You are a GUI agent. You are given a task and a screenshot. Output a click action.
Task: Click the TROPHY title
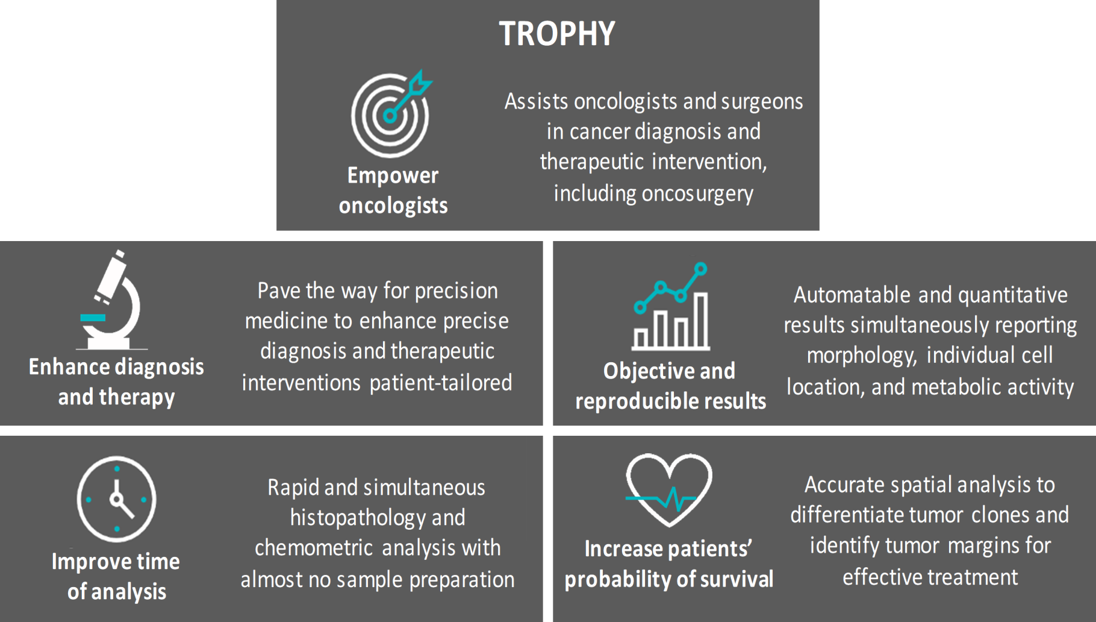pos(557,34)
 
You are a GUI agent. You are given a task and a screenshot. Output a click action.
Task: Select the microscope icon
pos(112,300)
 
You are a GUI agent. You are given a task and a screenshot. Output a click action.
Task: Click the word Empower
pos(393,175)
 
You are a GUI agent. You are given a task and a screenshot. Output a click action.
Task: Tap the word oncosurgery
pos(697,194)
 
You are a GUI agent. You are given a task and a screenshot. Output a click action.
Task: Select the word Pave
pos(279,291)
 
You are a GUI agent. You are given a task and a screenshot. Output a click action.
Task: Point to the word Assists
pos(536,101)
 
